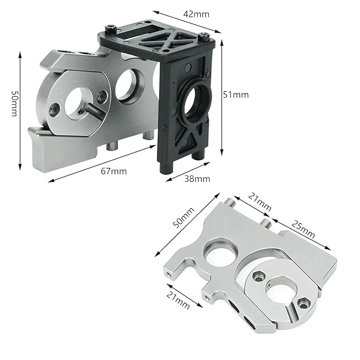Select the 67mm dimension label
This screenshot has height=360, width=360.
(113, 171)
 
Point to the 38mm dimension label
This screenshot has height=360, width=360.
(197, 178)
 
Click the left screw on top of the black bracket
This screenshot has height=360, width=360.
(112, 27)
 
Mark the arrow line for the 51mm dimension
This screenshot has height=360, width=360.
(223, 96)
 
